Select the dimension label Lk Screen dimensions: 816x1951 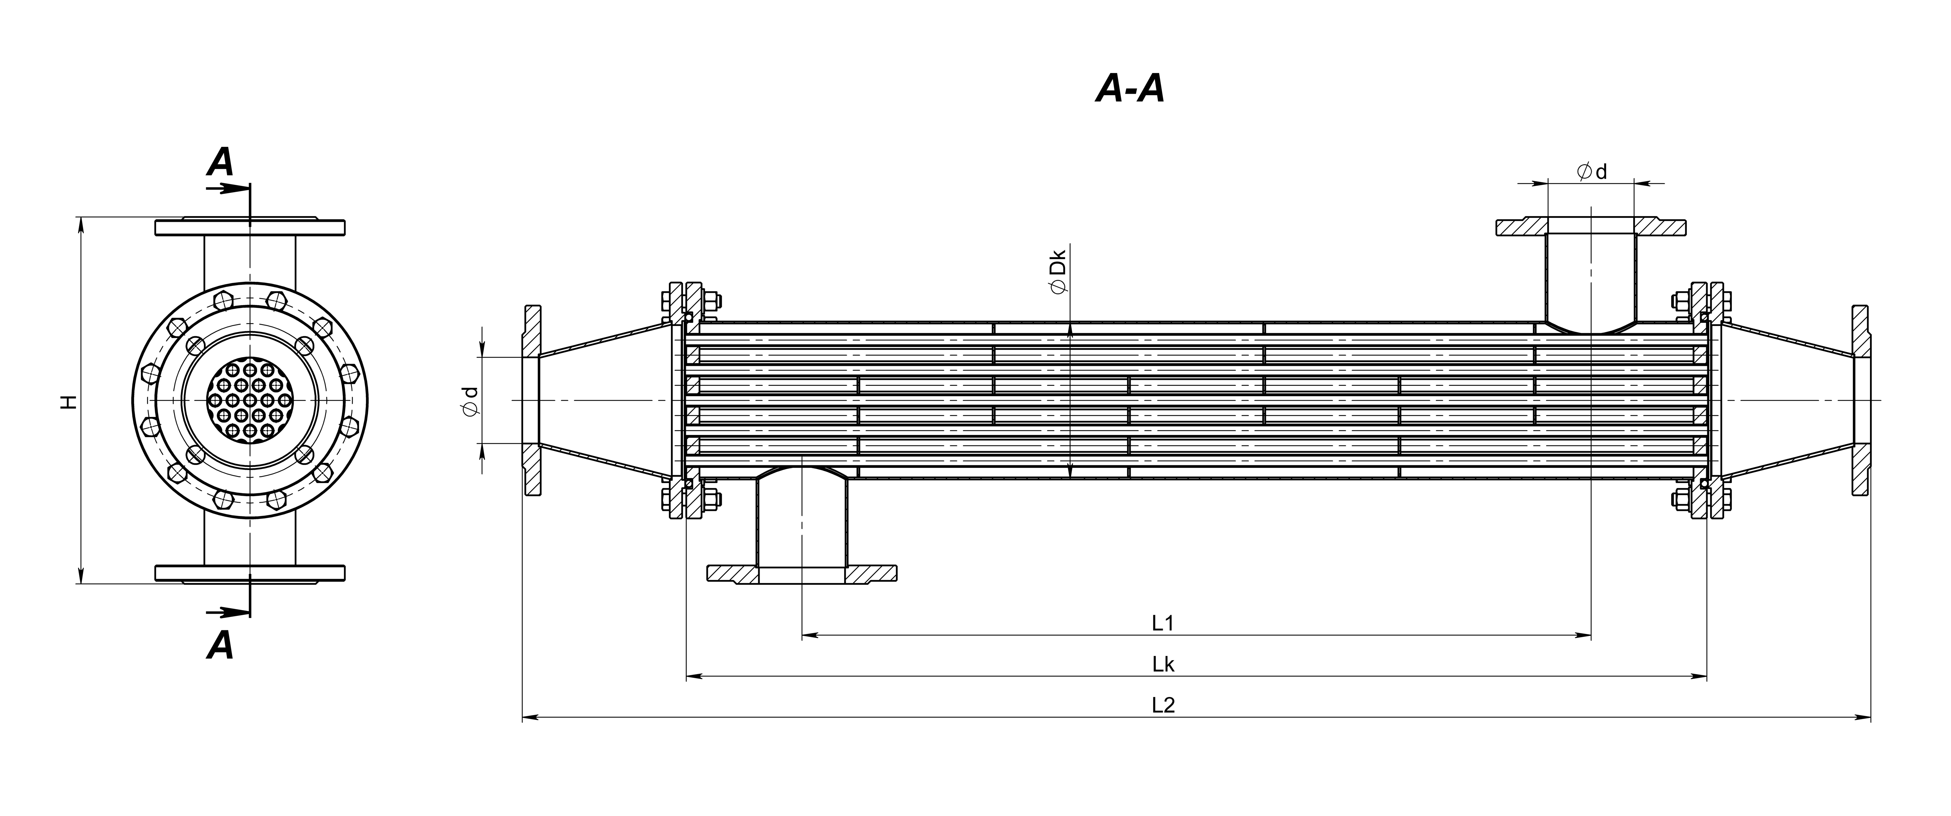tap(1163, 664)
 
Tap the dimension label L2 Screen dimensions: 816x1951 tap(1163, 705)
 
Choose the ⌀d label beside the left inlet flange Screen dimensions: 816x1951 tap(471, 401)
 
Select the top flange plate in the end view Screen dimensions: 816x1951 tap(250, 227)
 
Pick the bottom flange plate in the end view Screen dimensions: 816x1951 tap(250, 574)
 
